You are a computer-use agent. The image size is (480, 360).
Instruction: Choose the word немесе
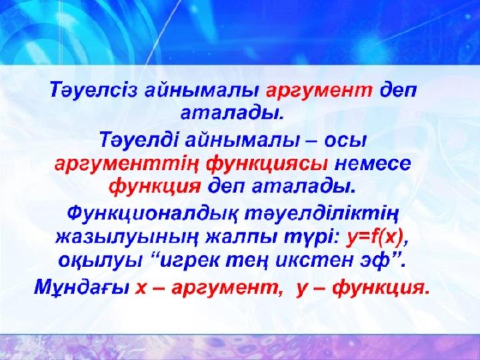pos(373,165)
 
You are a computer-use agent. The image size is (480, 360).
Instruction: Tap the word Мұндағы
pos(81,288)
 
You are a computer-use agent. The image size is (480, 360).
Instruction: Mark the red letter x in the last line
pos(141,289)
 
